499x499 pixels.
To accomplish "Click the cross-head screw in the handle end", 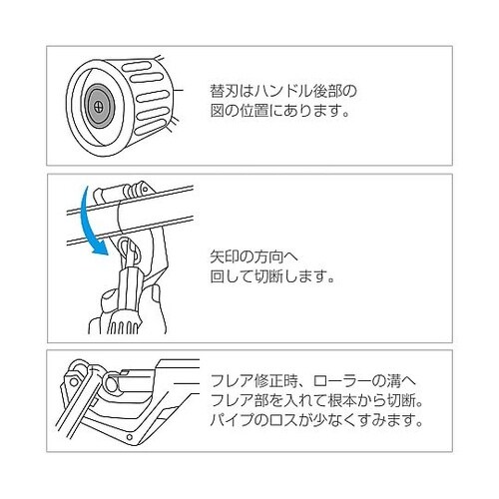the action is click(x=99, y=107).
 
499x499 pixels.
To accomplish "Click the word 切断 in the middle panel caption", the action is click(x=268, y=276).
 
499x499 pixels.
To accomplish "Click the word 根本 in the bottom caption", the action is click(x=342, y=401).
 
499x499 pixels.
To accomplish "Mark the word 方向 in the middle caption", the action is click(x=268, y=257).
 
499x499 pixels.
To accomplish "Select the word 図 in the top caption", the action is click(x=218, y=111).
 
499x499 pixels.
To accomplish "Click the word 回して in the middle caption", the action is click(x=232, y=276).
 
